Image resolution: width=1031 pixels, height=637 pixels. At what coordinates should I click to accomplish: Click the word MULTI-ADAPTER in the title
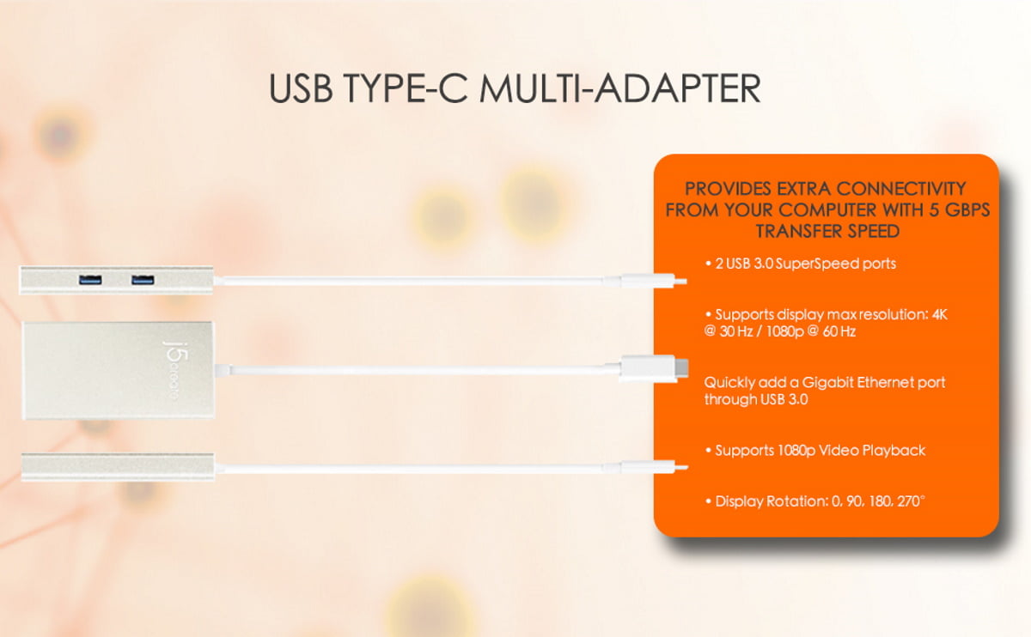620,88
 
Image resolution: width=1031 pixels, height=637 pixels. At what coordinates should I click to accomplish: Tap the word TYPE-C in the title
406,88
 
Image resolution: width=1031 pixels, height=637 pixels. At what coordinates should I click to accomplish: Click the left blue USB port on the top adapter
90,280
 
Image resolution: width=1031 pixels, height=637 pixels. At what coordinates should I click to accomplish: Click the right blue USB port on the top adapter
143,280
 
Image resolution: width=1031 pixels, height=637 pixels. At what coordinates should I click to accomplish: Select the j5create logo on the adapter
175,371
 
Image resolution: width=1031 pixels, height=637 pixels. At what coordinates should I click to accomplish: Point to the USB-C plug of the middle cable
654,368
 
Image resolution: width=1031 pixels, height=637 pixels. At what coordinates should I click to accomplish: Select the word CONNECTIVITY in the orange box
900,189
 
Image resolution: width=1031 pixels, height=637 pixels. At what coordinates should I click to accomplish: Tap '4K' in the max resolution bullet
939,314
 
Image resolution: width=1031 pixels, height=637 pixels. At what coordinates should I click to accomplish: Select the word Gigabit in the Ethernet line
827,383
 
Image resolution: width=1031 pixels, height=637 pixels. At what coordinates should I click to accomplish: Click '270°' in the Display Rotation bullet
911,500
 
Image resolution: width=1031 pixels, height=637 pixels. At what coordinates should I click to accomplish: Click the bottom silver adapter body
118,467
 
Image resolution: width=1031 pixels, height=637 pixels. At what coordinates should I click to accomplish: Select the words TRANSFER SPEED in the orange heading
827,231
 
